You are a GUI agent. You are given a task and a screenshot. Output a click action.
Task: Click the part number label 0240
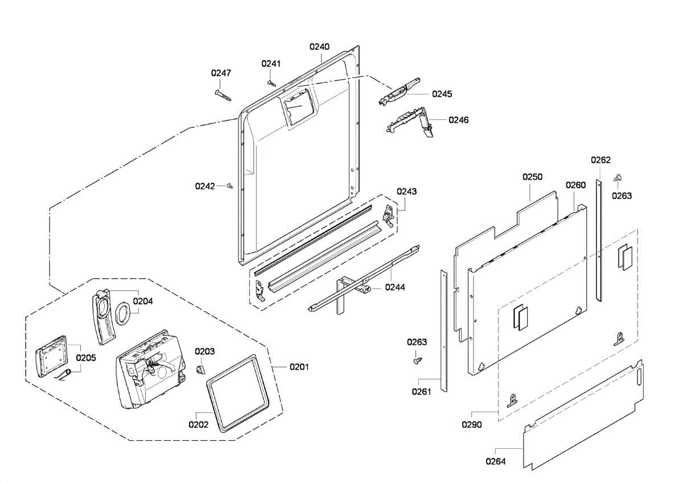tap(319, 47)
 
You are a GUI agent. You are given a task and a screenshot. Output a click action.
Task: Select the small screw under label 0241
tap(270, 82)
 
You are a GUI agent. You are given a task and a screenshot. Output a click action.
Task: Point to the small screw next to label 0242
tap(229, 185)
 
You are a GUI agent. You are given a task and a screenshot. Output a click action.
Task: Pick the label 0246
tap(459, 120)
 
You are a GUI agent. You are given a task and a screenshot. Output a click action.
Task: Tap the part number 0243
tap(407, 191)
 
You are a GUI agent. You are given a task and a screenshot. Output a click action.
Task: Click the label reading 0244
tap(395, 287)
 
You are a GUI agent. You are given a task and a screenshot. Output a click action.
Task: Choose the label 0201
tap(299, 367)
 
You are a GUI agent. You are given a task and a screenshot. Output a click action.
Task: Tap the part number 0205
tap(86, 358)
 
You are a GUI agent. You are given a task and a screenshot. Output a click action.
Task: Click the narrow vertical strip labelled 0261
tap(444, 330)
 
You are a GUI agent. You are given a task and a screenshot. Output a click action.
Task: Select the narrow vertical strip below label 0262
tap(599, 239)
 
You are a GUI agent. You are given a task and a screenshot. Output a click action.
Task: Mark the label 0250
tap(533, 177)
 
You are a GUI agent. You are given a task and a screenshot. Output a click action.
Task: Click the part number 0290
tap(472, 424)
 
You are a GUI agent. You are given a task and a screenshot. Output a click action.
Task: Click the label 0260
tap(575, 185)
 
